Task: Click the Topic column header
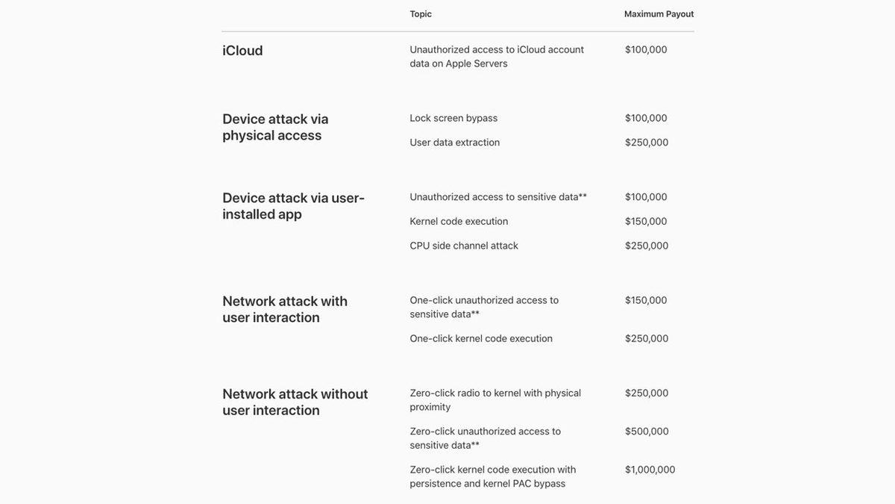pos(421,14)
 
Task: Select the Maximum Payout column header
pos(659,14)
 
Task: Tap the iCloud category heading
pos(242,51)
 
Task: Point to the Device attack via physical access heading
pos(275,127)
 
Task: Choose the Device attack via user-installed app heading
pos(293,206)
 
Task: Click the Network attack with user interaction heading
pos(285,309)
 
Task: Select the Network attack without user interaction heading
pos(295,402)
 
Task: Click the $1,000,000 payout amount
pos(650,470)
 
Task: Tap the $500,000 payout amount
pos(647,432)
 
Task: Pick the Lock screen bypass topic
pos(453,118)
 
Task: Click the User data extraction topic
pos(455,143)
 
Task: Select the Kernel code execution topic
pos(459,222)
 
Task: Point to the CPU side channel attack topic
pos(464,246)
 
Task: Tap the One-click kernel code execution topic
pos(481,339)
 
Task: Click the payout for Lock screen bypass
pos(646,118)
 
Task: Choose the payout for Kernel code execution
pos(646,222)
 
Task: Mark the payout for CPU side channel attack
pos(647,246)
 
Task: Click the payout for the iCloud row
pos(646,50)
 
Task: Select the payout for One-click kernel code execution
pos(647,339)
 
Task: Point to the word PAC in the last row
pos(522,484)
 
